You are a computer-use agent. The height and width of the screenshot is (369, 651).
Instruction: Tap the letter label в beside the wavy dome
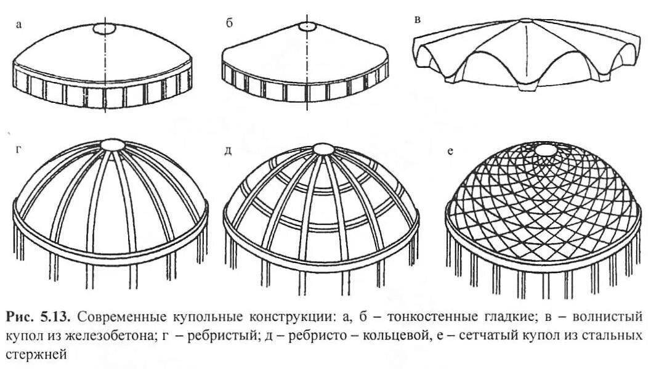tap(418, 20)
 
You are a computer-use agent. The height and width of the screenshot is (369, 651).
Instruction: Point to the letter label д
tap(228, 150)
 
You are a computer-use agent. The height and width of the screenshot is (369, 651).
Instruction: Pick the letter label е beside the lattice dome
tap(450, 150)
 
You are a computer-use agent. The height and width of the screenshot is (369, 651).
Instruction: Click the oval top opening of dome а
tap(103, 29)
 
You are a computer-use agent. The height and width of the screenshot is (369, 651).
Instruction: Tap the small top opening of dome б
tap(307, 27)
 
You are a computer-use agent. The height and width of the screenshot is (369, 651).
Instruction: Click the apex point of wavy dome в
tap(524, 20)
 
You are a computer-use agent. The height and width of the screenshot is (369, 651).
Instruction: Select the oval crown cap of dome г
tap(112, 145)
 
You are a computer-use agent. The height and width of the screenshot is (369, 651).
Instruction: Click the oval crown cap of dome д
tap(322, 149)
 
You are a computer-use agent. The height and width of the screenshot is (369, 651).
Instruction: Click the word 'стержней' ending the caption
tap(34, 355)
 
